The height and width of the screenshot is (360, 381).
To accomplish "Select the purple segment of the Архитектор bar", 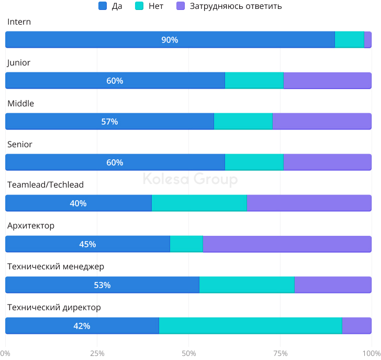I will [287, 244].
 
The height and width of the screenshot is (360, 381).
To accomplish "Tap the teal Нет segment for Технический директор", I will [250, 326].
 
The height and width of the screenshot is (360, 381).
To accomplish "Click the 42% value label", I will [82, 326].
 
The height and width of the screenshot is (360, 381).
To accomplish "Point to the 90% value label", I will [170, 40].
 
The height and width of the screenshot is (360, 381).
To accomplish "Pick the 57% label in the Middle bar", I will [109, 122].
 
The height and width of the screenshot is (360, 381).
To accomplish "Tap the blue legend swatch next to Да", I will [103, 6].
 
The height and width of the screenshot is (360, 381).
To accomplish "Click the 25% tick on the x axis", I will [97, 353].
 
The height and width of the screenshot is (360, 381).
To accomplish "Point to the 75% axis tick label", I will [280, 353].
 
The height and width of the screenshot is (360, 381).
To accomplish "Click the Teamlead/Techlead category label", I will [46, 184].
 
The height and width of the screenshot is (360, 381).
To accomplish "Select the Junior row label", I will [19, 62].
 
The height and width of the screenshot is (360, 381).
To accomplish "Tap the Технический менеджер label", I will [55, 266].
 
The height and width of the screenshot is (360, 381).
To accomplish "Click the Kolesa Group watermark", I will [190, 180].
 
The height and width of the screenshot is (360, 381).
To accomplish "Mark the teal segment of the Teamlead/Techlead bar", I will [199, 203].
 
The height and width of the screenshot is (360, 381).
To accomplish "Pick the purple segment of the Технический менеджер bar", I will [333, 285].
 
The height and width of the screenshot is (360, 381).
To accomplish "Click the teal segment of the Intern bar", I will [349, 40].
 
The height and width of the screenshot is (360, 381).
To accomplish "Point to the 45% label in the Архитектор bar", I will [87, 244].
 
